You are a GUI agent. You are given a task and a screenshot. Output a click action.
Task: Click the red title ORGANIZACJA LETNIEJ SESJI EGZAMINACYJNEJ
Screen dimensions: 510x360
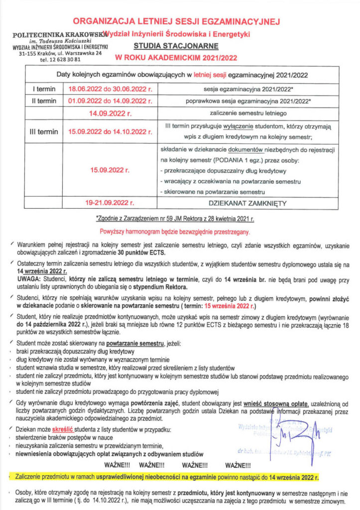[177, 21]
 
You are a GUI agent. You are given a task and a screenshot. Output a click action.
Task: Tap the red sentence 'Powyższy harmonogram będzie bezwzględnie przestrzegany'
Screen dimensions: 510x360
[176, 232]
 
